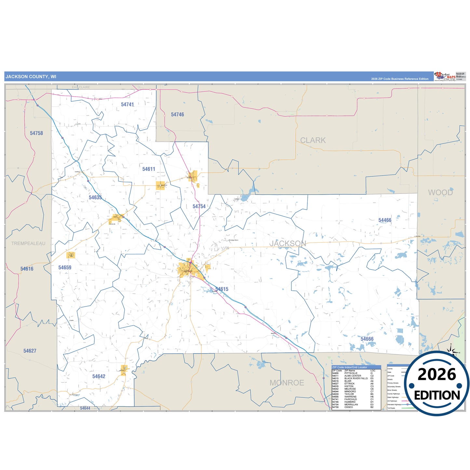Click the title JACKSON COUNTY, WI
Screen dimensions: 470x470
31,77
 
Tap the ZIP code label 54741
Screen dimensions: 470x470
127,104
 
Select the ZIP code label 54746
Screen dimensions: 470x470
177,114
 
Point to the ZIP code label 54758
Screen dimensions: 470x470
36,133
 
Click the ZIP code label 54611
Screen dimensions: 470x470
149,169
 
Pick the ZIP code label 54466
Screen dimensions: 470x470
385,220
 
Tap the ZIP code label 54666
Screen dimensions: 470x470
367,339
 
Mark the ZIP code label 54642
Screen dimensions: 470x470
99,376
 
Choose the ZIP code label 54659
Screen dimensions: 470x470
65,267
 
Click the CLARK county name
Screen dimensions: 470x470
313,140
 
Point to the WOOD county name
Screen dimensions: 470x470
440,193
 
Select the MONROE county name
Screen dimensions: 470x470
287,383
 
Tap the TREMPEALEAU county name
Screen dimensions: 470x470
28,243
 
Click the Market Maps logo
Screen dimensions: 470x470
445,76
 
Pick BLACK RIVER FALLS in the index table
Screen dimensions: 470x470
356,378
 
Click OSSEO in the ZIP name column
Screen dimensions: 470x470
348,407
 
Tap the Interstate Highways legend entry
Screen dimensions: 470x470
394,405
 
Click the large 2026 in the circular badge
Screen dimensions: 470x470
436,375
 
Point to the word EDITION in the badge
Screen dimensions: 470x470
436,395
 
